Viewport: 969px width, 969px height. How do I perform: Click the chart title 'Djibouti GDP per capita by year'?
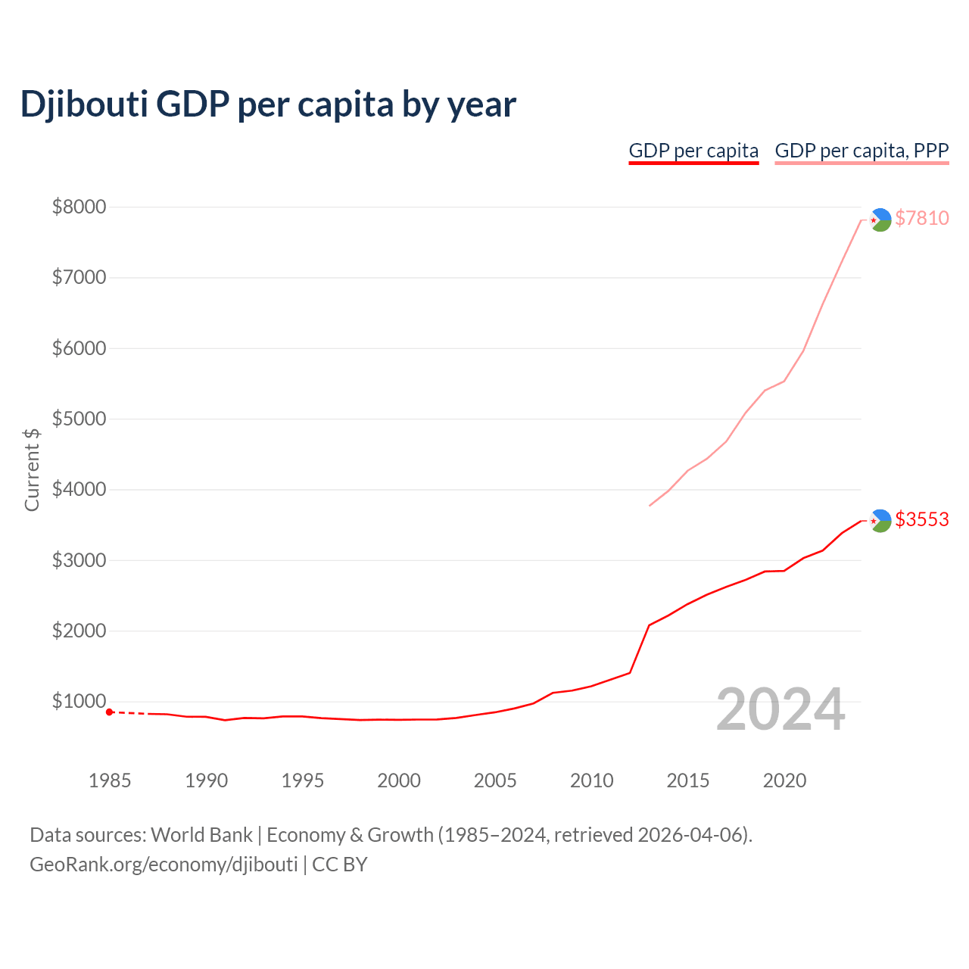tap(268, 104)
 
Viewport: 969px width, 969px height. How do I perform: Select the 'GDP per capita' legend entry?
tap(693, 151)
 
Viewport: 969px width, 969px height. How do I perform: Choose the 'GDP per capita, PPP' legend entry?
tap(862, 151)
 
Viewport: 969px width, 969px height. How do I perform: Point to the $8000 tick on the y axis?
tap(79, 207)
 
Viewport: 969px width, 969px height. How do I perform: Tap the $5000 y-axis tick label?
tap(79, 419)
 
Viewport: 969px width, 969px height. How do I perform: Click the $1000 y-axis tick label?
tap(79, 701)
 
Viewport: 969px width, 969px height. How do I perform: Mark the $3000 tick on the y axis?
tap(79, 560)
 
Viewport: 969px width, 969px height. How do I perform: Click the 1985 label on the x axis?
tap(110, 780)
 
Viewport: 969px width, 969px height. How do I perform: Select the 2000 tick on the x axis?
tap(399, 780)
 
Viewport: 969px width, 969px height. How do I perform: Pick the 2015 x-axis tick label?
tap(688, 780)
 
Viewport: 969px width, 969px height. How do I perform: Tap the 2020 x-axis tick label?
tap(784, 780)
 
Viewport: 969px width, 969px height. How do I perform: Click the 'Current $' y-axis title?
tap(32, 469)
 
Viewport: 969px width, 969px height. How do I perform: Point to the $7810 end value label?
tap(921, 218)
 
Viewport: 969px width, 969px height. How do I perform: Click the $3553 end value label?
tap(921, 519)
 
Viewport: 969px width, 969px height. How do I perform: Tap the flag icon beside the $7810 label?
tap(880, 220)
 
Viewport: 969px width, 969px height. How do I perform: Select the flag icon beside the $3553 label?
tap(880, 521)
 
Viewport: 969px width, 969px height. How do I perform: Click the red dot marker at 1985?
tap(110, 712)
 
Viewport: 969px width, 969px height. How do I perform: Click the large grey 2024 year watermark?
tap(780, 709)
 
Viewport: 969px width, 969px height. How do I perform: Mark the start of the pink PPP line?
tap(650, 505)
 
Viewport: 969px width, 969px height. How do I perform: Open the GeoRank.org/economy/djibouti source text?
tap(164, 865)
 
